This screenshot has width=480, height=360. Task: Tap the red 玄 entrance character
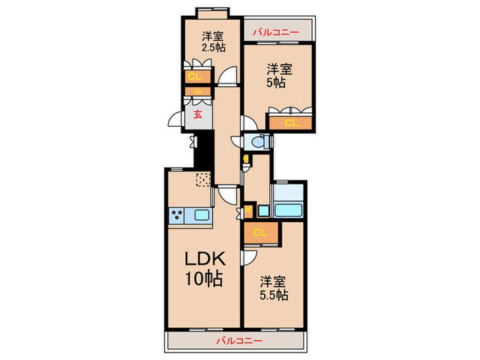coord(197,114)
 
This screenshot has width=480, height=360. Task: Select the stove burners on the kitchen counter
coord(176,215)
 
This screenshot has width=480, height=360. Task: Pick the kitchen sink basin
coord(202,215)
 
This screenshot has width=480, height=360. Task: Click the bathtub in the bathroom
coord(289,208)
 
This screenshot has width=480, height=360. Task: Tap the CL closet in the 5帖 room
coord(291,123)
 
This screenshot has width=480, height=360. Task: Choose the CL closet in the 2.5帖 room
coord(194,76)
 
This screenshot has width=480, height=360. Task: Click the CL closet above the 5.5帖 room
coord(260,232)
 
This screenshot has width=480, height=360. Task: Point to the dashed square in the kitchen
coord(203,180)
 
